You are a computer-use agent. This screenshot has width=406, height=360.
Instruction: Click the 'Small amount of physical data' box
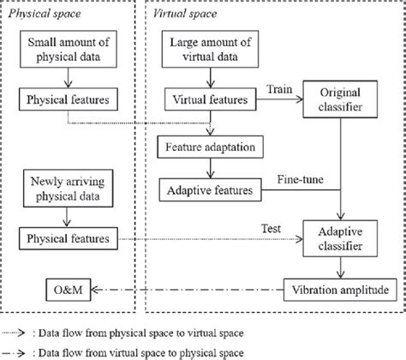[69, 50]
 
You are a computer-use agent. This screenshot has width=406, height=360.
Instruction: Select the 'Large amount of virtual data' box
[211, 50]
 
